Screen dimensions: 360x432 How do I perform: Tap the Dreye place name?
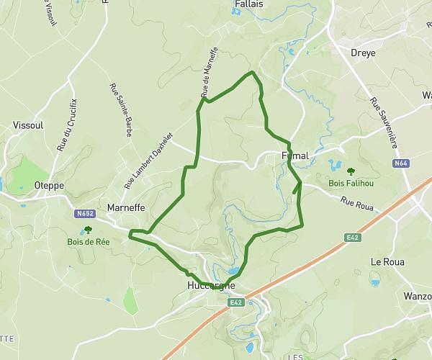click(363, 53)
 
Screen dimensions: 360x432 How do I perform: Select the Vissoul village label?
click(29, 125)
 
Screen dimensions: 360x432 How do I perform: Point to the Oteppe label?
click(49, 185)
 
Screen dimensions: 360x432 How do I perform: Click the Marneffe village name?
click(126, 208)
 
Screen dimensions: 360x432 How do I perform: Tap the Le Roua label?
click(385, 262)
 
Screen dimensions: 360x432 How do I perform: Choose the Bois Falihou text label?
click(351, 184)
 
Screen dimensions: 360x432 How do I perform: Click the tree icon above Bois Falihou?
click(351, 171)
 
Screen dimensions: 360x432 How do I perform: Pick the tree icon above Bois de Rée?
click(88, 230)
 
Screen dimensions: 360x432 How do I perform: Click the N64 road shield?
click(401, 164)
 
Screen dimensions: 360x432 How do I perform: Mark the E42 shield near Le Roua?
click(352, 236)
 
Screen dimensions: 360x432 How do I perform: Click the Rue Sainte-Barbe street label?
click(120, 110)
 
